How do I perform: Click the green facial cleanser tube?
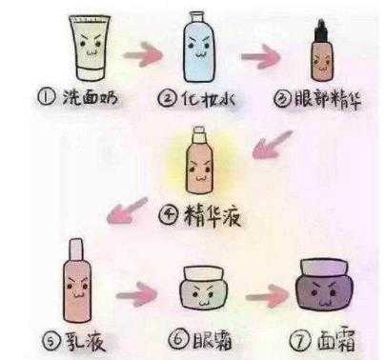[x=91, y=48]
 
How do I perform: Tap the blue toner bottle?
[x=199, y=47]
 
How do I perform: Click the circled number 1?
[x=47, y=96]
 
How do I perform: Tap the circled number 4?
[x=168, y=215]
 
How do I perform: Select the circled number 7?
[x=300, y=342]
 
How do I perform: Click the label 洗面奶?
[x=91, y=97]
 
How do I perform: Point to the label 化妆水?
[x=209, y=99]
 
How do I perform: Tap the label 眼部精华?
[x=327, y=99]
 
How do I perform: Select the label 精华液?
[x=213, y=216]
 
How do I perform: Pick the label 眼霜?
[x=213, y=340]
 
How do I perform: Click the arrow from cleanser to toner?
[x=143, y=54]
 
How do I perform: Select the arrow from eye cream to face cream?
[x=268, y=296]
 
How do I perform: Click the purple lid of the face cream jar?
[x=324, y=268]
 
